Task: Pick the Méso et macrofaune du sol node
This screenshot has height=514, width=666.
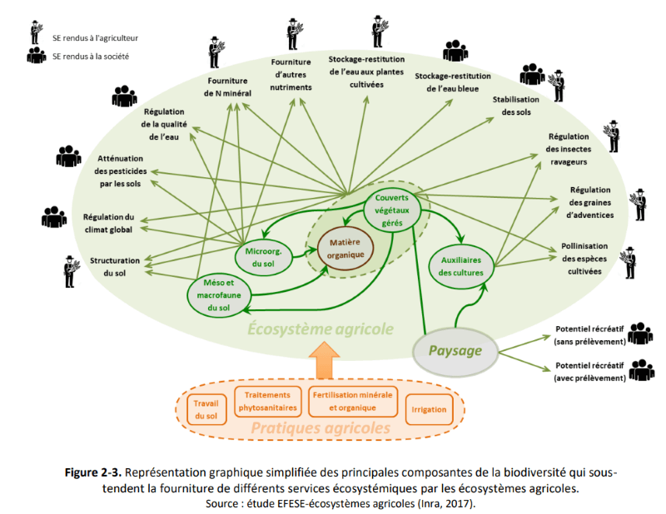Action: click(218, 294)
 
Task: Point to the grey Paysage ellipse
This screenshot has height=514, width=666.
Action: click(455, 350)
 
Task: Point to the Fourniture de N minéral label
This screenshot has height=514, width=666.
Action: click(228, 87)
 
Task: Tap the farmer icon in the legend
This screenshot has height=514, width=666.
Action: click(36, 33)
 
